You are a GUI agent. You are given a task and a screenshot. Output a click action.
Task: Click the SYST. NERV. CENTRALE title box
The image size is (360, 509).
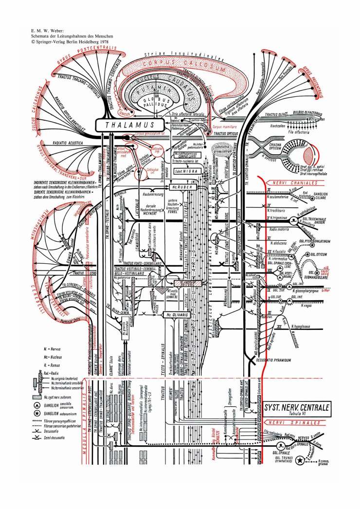pos(297,408)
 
